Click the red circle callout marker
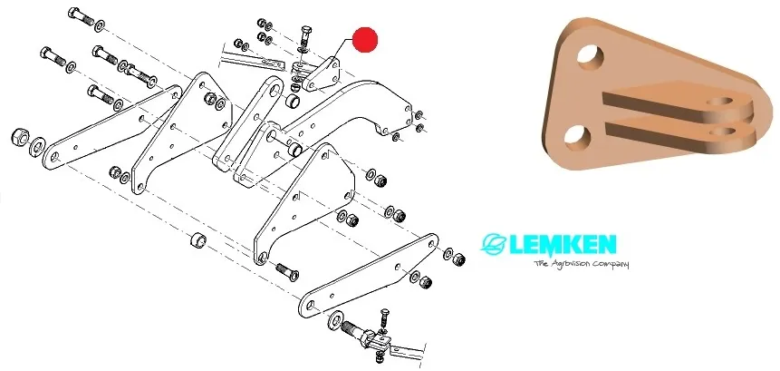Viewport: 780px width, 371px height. [365, 41]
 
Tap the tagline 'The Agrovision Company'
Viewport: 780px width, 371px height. [581, 264]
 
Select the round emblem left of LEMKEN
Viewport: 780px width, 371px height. [494, 245]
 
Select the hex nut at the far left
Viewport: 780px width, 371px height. [17, 139]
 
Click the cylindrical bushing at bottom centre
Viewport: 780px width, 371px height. [195, 243]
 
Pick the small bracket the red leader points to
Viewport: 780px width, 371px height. [318, 74]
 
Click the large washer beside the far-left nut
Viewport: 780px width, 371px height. [37, 146]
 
